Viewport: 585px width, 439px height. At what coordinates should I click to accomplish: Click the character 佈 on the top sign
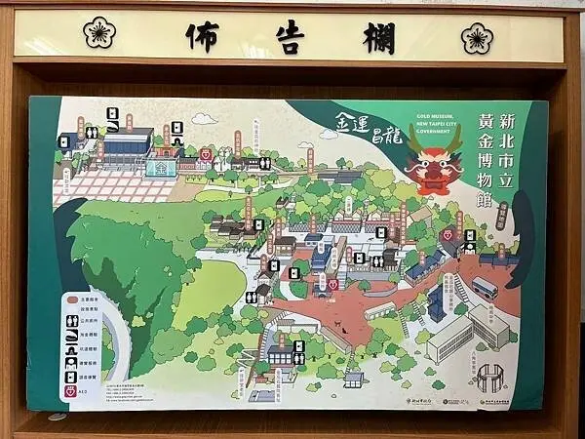click(202, 36)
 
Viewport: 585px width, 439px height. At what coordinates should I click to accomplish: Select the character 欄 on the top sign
click(377, 36)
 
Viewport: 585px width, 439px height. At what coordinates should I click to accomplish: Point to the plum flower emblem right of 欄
click(477, 37)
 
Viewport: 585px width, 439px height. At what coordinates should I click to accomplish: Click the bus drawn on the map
click(484, 288)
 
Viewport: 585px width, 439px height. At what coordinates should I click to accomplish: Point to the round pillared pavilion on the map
click(489, 375)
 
